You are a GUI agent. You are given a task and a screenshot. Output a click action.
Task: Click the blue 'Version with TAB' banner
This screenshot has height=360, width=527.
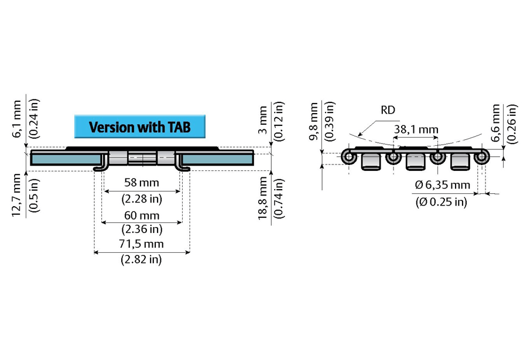click(140, 126)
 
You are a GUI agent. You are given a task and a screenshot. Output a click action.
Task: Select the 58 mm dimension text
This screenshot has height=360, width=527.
click(141, 182)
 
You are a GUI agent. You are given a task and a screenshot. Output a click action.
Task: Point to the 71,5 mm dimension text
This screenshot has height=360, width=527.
click(141, 244)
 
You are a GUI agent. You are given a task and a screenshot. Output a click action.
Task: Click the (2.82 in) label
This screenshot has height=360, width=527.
click(141, 259)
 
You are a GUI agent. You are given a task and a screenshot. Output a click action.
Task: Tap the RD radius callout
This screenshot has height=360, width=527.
click(388, 109)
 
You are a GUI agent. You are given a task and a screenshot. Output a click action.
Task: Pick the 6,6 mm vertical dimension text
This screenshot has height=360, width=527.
click(497, 123)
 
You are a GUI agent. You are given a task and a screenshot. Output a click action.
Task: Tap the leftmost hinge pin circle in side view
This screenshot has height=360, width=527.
click(350, 157)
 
